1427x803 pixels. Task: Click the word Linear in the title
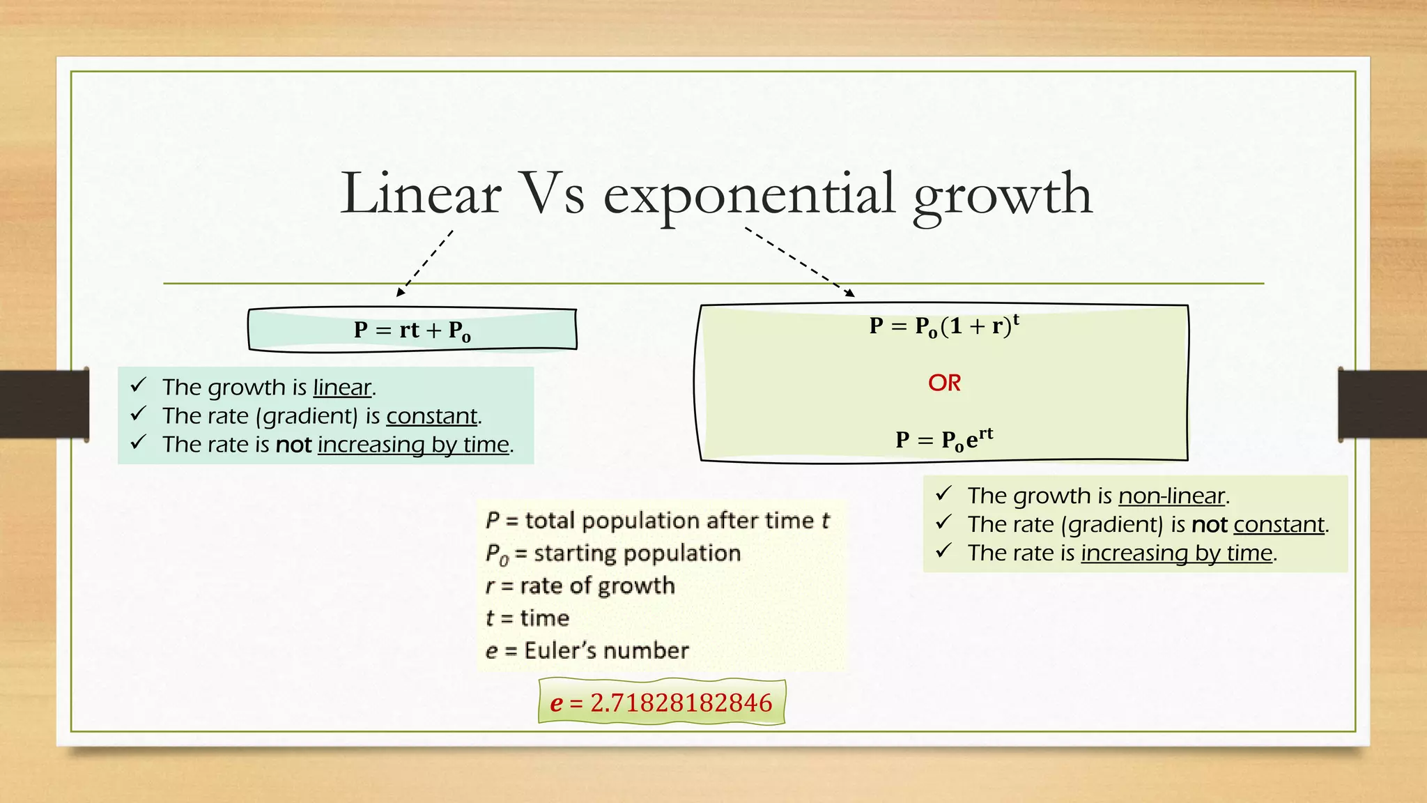pos(421,194)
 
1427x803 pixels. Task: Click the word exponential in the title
pos(749,195)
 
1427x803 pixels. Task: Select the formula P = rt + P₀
pos(412,330)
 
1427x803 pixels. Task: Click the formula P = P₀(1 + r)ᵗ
pos(944,326)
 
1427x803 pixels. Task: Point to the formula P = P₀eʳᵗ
pos(944,439)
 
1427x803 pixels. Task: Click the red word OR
pos(944,383)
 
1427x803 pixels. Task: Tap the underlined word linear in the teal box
pos(342,387)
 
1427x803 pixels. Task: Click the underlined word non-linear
pos(1171,496)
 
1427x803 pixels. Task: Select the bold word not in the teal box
pos(293,444)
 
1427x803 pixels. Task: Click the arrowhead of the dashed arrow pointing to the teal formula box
pos(400,293)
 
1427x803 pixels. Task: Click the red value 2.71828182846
pos(681,703)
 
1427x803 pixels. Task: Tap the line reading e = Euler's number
pos(587,650)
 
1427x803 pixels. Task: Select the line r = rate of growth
pos(580,586)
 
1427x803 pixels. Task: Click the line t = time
pos(527,618)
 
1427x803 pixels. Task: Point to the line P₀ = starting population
pos(612,553)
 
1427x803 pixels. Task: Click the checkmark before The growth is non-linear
pos(943,494)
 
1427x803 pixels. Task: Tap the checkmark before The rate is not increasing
pos(138,442)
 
